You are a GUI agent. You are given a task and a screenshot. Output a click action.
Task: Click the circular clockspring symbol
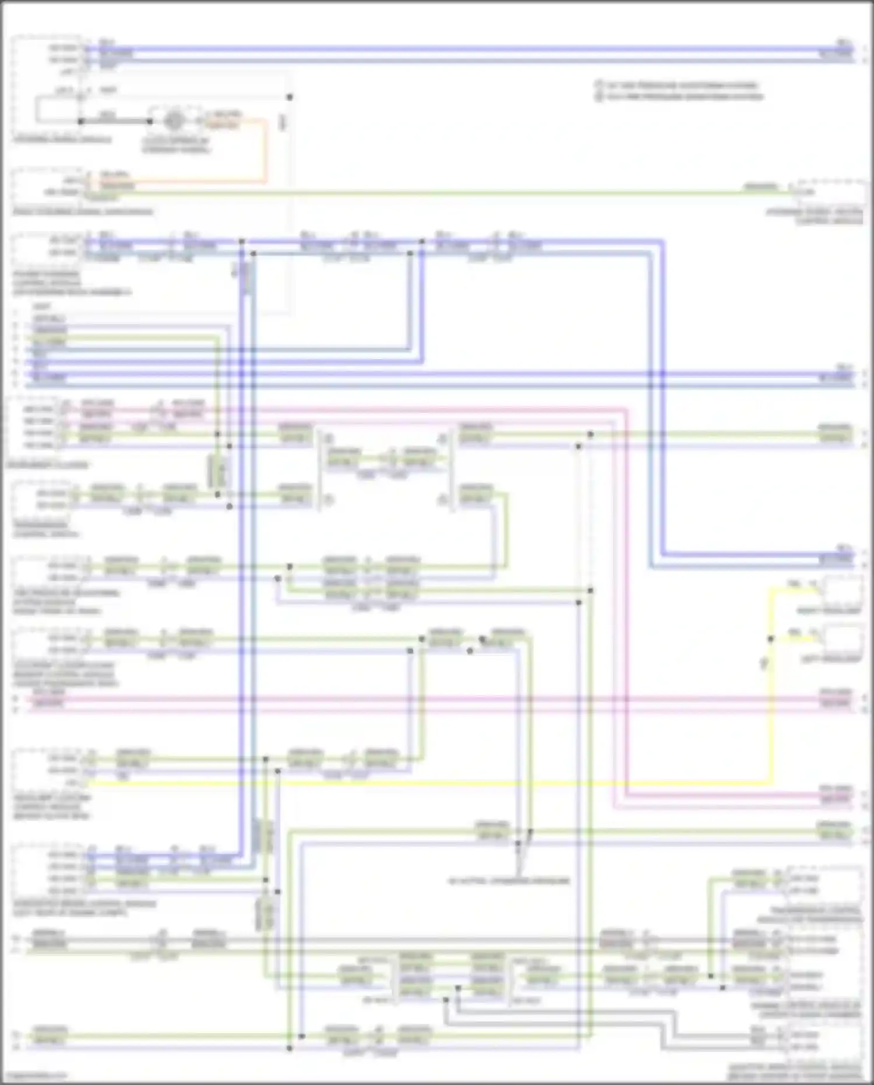click(173, 121)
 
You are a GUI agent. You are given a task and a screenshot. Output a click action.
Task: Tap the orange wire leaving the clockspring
click(266, 152)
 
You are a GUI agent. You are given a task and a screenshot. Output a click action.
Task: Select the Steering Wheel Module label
click(62, 140)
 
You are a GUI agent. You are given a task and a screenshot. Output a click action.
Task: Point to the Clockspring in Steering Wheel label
click(176, 145)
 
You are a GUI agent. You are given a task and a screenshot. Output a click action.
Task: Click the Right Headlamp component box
click(843, 591)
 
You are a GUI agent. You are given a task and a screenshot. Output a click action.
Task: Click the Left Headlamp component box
click(843, 639)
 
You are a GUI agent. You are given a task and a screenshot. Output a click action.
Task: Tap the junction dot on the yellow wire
click(770, 639)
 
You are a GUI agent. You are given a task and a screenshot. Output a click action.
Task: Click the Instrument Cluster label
click(48, 465)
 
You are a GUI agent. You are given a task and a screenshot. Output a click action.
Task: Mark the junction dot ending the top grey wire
click(289, 97)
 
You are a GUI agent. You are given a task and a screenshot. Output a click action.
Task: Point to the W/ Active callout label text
click(508, 880)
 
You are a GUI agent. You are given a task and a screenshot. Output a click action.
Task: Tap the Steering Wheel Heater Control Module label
click(814, 216)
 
